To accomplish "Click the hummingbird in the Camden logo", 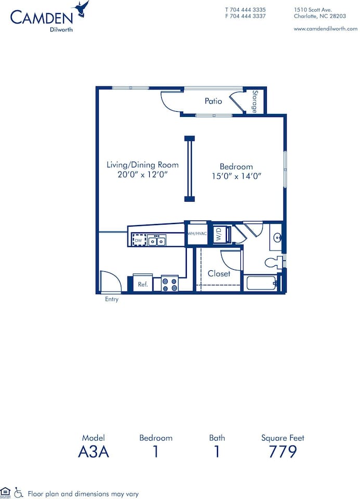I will pyautogui.click(x=82, y=9).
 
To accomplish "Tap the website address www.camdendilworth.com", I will pyautogui.click(x=325, y=29).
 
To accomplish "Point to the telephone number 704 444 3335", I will pyautogui.click(x=249, y=9).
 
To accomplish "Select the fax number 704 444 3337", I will pyautogui.click(x=249, y=16).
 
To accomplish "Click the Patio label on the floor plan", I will pyautogui.click(x=213, y=101).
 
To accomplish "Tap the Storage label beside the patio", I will pyautogui.click(x=255, y=101).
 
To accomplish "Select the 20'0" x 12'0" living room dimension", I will pyautogui.click(x=143, y=175).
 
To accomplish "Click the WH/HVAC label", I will pyautogui.click(x=197, y=233).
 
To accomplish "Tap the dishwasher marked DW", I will pyautogui.click(x=138, y=240).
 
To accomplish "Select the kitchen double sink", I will pyautogui.click(x=157, y=240).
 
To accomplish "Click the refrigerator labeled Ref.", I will pyautogui.click(x=143, y=284).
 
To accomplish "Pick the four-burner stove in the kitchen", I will pyautogui.click(x=170, y=284).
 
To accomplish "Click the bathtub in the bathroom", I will pyautogui.click(x=261, y=284).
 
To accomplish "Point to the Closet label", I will pyautogui.click(x=219, y=273).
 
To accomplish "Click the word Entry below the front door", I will pyautogui.click(x=112, y=299).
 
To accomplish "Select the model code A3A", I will pyautogui.click(x=94, y=451).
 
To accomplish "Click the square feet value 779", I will pyautogui.click(x=282, y=451).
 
